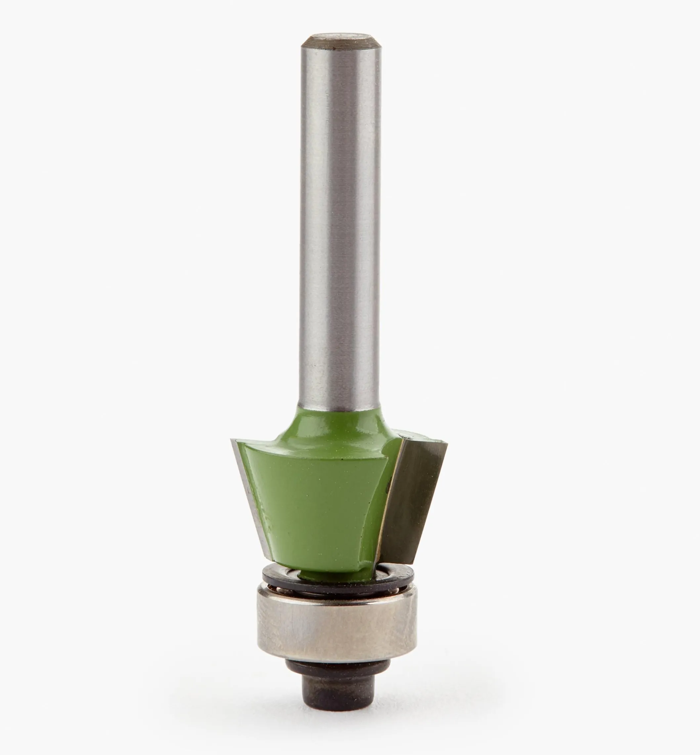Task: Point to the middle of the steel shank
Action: click(340, 227)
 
